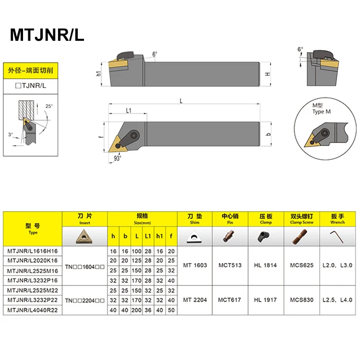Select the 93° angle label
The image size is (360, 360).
coord(117,156)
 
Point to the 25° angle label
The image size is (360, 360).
coord(48,106)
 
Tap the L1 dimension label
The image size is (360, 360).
coord(129,111)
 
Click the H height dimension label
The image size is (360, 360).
coord(268,74)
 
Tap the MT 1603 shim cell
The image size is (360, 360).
coord(195,265)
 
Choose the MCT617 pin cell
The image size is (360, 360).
coord(230,300)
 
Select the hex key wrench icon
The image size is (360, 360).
coord(337,235)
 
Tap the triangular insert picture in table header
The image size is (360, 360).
coord(85,235)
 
